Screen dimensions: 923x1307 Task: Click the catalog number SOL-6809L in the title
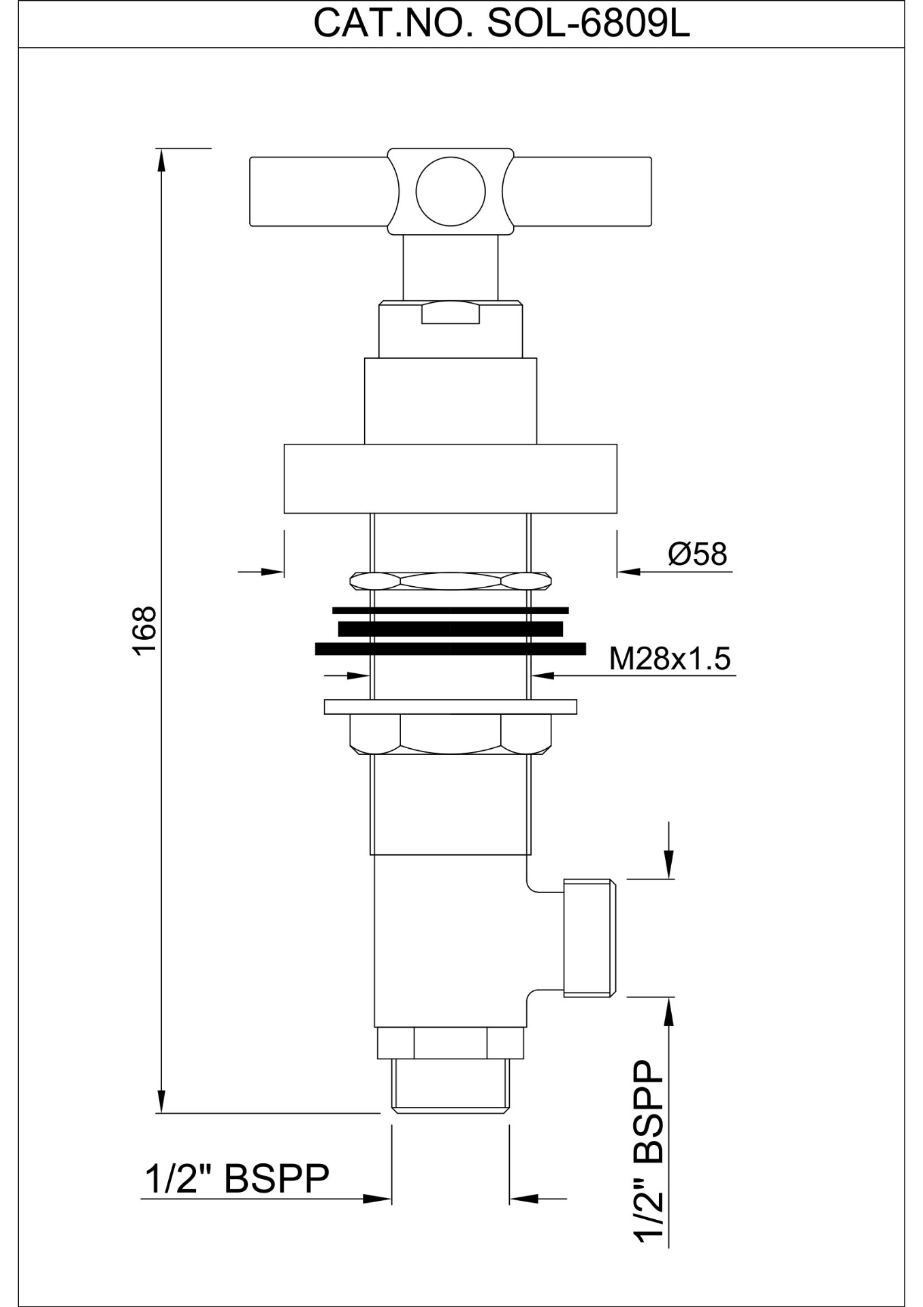588,24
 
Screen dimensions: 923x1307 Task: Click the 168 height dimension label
145,630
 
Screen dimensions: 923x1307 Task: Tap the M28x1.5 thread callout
670,658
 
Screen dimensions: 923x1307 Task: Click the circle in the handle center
451,191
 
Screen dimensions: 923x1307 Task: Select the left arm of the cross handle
321,191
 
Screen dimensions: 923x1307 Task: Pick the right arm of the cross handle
580,191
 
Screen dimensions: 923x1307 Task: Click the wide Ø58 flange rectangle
451,479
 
